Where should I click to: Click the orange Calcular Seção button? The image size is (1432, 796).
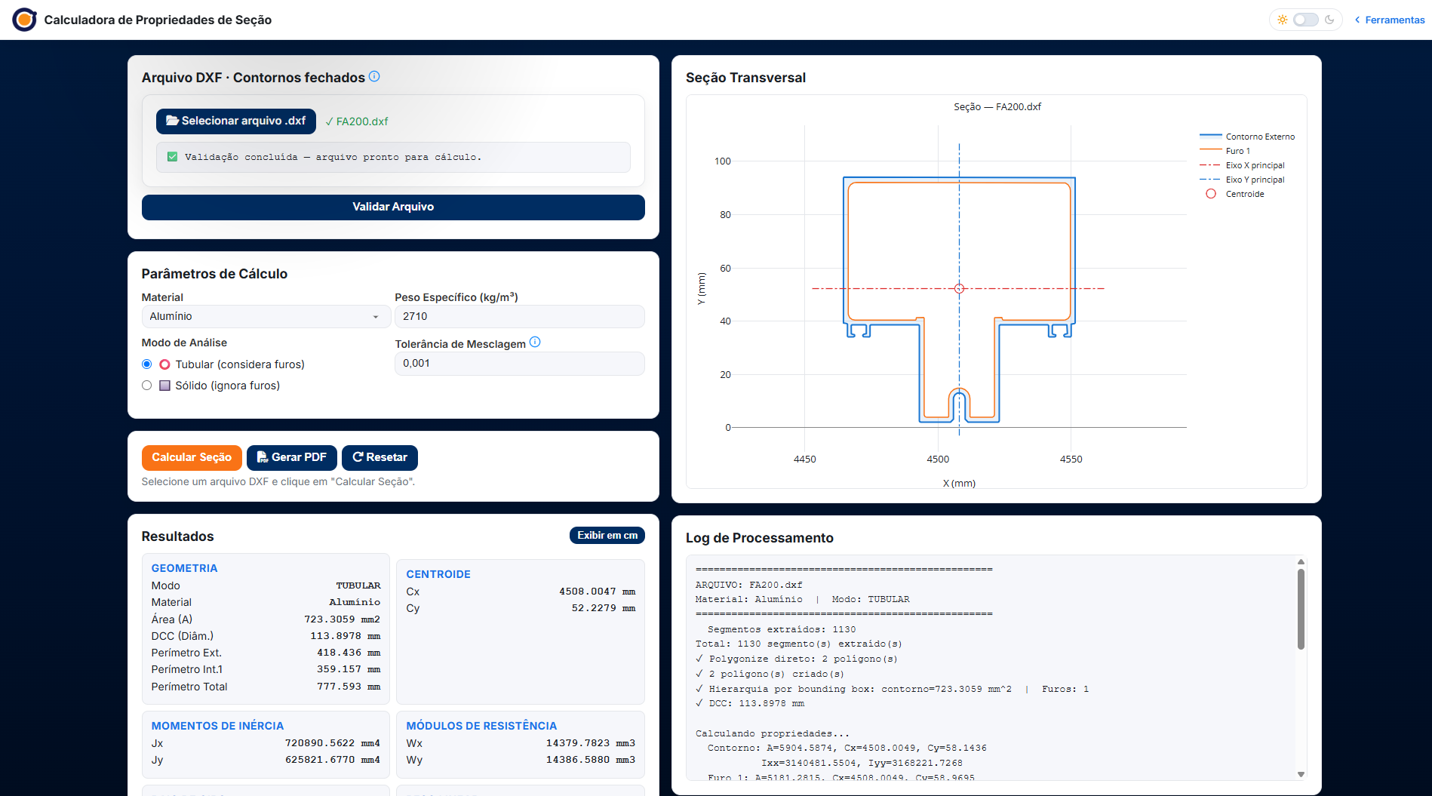192,457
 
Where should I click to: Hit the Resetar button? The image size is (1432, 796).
380,457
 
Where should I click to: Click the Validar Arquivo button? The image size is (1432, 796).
393,207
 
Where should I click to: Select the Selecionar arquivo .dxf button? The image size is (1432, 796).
236,121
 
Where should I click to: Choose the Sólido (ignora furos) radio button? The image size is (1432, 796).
147,386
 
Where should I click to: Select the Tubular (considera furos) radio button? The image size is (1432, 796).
147,364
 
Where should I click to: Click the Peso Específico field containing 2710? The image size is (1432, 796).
520,316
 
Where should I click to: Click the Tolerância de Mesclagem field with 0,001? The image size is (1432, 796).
520,363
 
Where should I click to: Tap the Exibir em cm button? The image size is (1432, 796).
607,535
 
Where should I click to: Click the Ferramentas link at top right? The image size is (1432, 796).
1390,20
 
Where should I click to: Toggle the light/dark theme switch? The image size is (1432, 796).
1306,20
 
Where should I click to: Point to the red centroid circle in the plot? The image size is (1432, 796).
960,288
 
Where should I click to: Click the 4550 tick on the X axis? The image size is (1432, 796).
1071,459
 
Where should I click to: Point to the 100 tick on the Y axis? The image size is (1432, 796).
723,161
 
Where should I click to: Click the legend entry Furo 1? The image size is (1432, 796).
1237,151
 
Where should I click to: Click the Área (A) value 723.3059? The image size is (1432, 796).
330,619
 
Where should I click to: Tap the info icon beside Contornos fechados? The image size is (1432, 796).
374,76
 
